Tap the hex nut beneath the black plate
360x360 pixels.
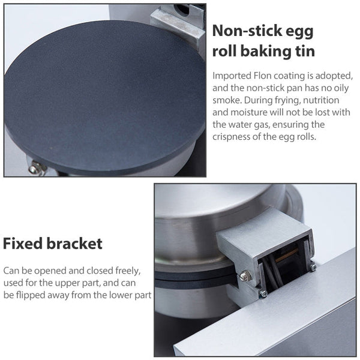pos(35,169)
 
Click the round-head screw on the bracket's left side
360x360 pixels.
pos(244,277)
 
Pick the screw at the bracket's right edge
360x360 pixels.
pos(313,268)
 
